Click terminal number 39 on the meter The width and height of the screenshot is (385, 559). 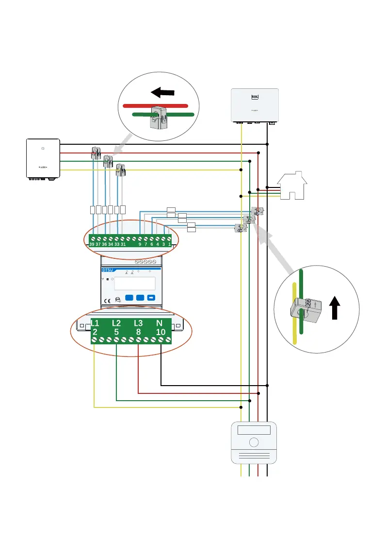[92, 244]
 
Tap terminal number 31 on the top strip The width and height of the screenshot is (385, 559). [123, 244]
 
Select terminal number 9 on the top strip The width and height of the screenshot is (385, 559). [140, 244]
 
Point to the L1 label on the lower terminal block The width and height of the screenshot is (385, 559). [95, 323]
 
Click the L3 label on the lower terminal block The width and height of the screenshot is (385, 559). [138, 323]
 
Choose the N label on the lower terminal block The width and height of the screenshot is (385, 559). [160, 323]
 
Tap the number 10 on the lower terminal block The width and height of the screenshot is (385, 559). [160, 332]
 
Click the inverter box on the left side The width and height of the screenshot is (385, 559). [43, 158]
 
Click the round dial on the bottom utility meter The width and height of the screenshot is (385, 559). [254, 443]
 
